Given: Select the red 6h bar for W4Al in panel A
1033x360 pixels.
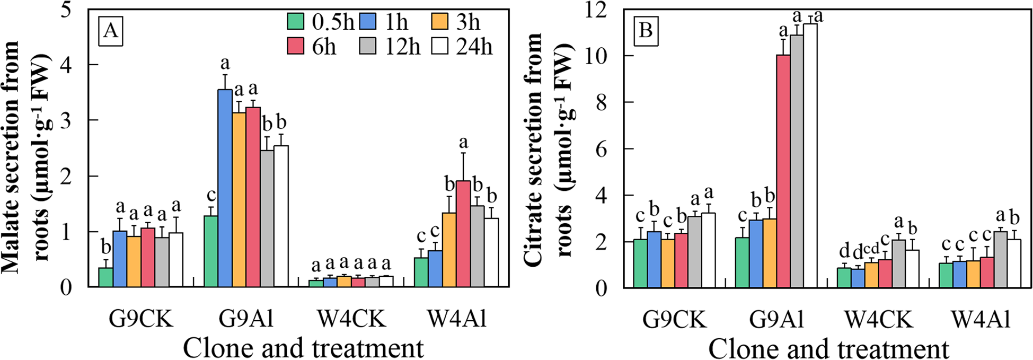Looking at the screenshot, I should (x=463, y=234).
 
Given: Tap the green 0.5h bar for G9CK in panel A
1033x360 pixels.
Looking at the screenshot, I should (x=106, y=277).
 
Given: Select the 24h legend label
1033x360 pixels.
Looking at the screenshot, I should (x=474, y=47).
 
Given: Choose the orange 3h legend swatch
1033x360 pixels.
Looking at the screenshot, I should (x=440, y=22).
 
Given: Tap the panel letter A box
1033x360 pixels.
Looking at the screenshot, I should (x=111, y=32).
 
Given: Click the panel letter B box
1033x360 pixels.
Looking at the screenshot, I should (x=646, y=31).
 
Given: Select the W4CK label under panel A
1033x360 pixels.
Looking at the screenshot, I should (x=352, y=319).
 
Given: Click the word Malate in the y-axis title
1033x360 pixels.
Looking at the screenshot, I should (x=12, y=238).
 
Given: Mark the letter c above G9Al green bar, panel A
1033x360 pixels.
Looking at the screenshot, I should (x=211, y=196).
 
